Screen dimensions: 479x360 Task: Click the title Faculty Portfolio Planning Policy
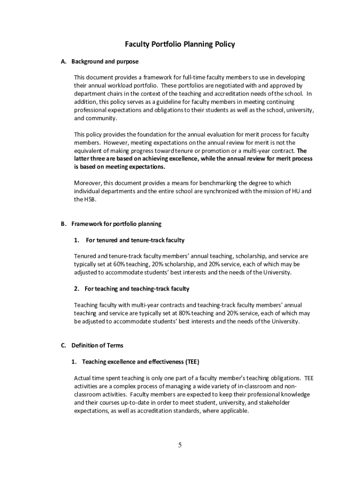point(180,44)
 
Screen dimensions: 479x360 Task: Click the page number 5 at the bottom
point(180,445)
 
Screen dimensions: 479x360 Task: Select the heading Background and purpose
point(105,61)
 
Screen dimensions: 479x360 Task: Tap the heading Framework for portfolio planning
point(116,224)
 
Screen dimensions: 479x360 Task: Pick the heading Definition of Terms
point(97,346)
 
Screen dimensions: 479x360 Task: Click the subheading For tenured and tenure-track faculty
point(135,240)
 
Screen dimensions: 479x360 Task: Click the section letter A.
point(63,61)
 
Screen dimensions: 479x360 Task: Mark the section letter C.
point(63,346)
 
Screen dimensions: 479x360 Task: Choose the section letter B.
point(63,224)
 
